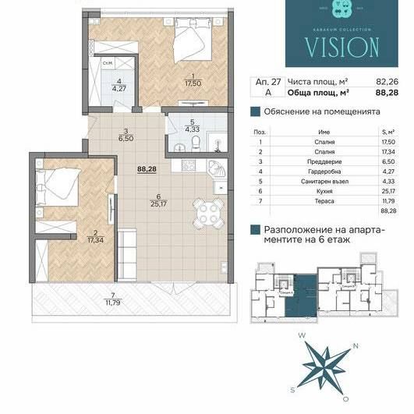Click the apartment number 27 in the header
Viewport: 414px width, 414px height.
[x=275, y=80]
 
